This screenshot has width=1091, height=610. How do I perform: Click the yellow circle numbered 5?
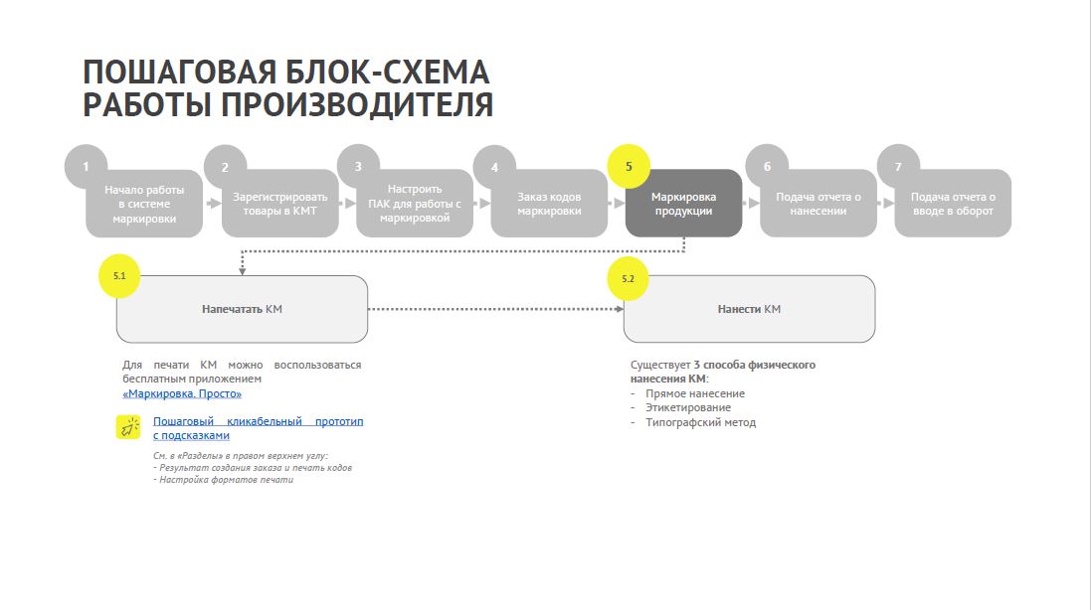(629, 167)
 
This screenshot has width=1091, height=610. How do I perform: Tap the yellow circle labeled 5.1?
(119, 276)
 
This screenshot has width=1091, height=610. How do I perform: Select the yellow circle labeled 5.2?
(628, 278)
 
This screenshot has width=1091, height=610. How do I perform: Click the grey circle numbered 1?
(86, 167)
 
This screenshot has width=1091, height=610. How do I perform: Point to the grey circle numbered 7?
(898, 167)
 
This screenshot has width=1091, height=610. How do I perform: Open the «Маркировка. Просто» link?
(182, 394)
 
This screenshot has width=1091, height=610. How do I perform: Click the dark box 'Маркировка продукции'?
(683, 204)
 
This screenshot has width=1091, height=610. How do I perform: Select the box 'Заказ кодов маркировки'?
(549, 204)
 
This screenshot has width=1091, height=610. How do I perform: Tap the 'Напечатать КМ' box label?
(242, 309)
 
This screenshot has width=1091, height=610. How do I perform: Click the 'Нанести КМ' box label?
(749, 309)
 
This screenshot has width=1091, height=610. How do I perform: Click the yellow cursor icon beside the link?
(128, 427)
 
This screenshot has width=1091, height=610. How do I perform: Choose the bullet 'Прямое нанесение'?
(695, 393)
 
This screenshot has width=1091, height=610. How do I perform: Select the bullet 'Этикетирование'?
(688, 407)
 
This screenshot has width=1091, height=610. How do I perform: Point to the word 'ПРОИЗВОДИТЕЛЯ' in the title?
(358, 105)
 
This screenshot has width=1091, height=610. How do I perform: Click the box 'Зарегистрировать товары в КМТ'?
(279, 204)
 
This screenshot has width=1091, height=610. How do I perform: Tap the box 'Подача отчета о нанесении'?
(818, 204)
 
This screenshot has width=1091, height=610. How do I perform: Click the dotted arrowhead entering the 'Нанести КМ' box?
(620, 309)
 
